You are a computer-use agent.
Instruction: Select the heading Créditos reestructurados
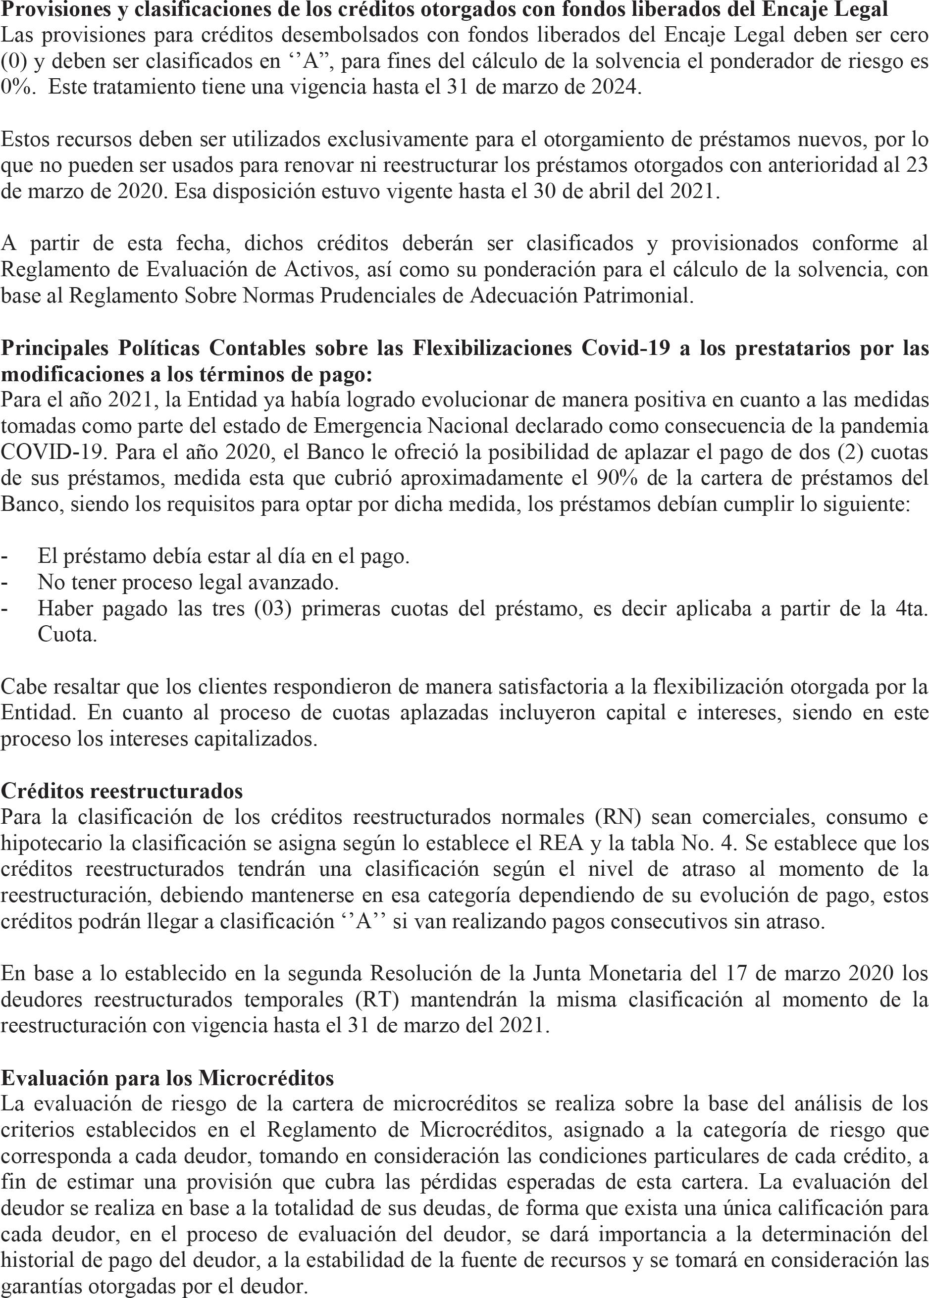click(x=122, y=791)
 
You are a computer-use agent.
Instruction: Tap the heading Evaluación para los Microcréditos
click(x=167, y=1078)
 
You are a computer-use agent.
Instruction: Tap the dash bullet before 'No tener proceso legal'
click(x=5, y=583)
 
